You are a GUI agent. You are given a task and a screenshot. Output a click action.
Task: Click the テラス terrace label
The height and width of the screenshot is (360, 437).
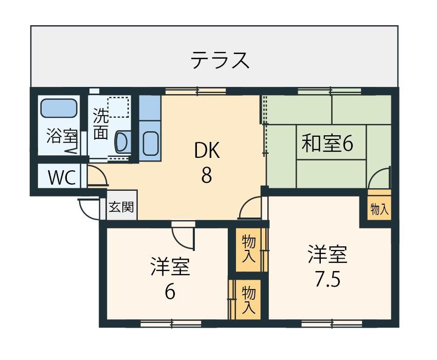coord(220,60)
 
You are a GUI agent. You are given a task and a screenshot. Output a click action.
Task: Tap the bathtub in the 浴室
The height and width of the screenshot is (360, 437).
coord(59,108)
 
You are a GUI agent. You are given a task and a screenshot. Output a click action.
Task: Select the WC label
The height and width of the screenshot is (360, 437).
coord(62,177)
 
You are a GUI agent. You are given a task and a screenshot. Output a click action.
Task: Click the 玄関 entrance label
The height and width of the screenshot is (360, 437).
coord(121,207)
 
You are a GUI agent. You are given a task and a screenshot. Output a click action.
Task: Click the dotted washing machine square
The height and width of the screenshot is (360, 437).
coord(118,107)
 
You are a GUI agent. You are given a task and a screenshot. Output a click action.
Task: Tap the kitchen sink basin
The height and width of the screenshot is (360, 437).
coord(151,143)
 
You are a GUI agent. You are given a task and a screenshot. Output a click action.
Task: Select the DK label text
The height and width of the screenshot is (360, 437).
coord(207,150)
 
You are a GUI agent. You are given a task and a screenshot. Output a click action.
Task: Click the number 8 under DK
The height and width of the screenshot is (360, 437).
coord(207,175)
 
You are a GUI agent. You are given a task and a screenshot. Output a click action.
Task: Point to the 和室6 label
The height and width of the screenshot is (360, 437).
coord(327,143)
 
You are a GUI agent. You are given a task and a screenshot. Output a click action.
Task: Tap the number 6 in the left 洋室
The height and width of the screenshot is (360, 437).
coord(170,292)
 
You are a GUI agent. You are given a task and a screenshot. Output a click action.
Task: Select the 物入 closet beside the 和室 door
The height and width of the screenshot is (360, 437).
coord(379,208)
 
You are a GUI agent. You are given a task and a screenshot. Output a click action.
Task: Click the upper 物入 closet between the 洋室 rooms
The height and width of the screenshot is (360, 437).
coord(248,249)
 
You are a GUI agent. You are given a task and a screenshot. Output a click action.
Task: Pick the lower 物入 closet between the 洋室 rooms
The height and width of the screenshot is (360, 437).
coord(248,300)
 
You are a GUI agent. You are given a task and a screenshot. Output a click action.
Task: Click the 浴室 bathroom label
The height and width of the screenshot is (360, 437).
coord(62,136)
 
